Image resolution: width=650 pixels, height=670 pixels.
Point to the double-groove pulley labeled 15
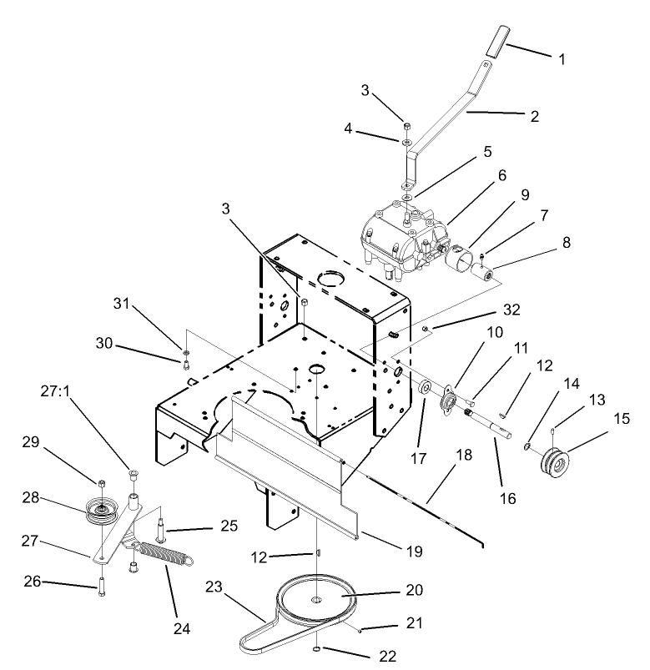tap(553, 461)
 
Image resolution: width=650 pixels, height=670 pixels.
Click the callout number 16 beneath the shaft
tap(507, 499)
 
